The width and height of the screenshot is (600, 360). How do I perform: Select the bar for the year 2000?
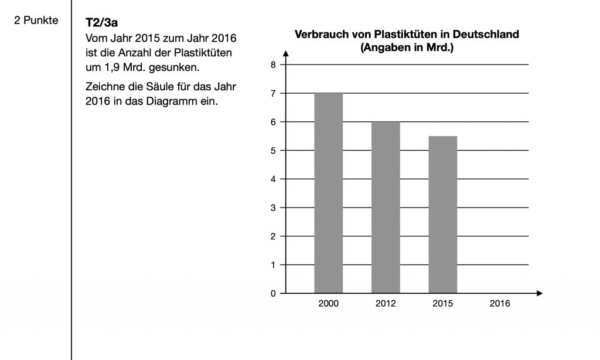click(x=328, y=192)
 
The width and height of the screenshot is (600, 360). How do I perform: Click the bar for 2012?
click(x=386, y=207)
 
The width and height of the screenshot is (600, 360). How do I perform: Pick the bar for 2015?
click(x=442, y=214)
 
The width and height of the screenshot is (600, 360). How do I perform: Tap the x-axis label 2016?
click(x=500, y=304)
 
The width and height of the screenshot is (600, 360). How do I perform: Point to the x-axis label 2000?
click(x=328, y=304)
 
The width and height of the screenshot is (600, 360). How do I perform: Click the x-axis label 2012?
click(x=386, y=304)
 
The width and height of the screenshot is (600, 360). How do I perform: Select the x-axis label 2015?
click(x=442, y=304)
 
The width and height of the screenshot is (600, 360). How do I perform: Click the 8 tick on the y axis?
click(x=273, y=64)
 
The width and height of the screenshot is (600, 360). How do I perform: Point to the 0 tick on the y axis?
click(x=273, y=293)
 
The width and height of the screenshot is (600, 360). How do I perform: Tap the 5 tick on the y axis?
click(x=273, y=151)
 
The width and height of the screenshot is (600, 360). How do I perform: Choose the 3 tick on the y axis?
click(x=273, y=208)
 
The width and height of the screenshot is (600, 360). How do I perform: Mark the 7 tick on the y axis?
click(x=273, y=93)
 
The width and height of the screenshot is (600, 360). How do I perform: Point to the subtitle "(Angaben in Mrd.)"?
click(x=407, y=47)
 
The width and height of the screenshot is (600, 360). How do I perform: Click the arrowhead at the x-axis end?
click(x=540, y=293)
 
